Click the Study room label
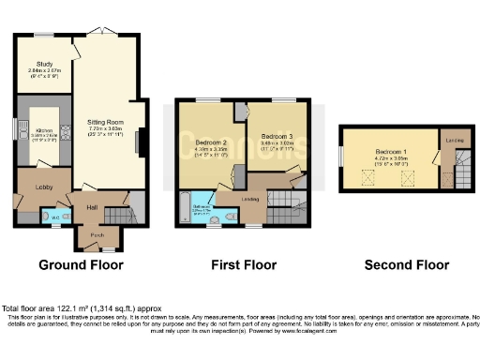[x=41, y=64]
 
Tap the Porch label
[x=98, y=235]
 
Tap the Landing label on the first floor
[x=249, y=199]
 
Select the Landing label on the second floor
[x=455, y=141]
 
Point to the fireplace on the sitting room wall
[x=140, y=142]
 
